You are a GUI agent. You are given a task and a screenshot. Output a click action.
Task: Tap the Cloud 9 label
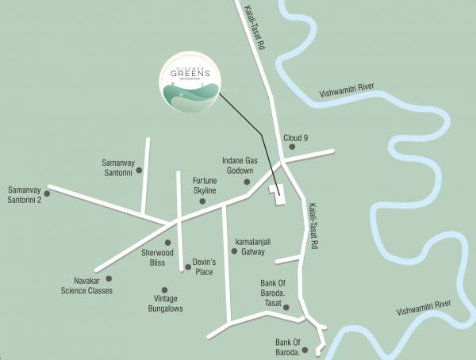click(x=299, y=137)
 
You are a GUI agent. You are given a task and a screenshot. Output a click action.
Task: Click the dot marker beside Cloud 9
click(x=292, y=147)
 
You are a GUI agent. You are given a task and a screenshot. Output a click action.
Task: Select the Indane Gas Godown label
click(x=236, y=166)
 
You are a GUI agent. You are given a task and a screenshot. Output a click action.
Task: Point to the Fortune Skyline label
click(x=205, y=186)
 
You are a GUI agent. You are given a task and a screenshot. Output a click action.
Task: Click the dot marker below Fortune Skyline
click(x=202, y=201)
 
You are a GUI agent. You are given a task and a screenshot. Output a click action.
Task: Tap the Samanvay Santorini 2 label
click(x=25, y=194)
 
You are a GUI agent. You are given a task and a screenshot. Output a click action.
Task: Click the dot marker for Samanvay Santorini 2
click(x=48, y=193)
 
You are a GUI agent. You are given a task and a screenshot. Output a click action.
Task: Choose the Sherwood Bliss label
click(x=152, y=257)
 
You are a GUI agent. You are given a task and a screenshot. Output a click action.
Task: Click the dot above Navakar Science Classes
click(x=109, y=278)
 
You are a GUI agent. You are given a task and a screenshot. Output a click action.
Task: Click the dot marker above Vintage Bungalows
click(x=164, y=290)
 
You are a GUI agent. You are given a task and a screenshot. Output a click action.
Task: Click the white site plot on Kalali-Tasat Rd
click(x=278, y=195)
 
